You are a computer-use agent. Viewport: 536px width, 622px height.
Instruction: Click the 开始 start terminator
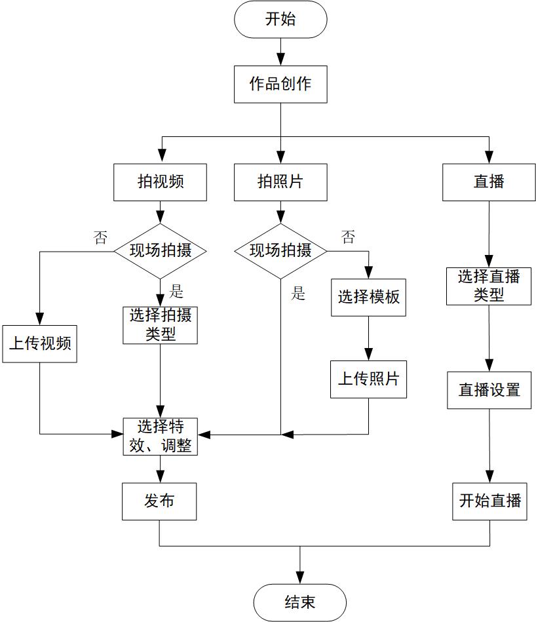click(280, 20)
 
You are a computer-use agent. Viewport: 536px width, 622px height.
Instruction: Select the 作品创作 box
click(280, 84)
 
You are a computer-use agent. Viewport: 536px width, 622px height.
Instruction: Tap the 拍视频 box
click(161, 182)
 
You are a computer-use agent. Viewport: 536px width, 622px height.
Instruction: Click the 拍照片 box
click(280, 182)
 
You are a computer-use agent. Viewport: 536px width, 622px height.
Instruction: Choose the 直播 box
click(489, 182)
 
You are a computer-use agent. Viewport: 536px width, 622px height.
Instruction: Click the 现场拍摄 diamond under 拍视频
click(161, 250)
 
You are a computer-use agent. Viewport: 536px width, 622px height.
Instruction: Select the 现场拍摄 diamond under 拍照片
click(280, 250)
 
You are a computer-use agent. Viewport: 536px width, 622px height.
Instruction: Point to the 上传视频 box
click(39, 343)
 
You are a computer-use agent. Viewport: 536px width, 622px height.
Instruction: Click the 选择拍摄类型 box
click(161, 325)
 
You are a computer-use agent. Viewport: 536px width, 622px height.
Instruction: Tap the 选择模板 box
click(368, 297)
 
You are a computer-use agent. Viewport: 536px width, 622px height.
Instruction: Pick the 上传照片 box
click(368, 379)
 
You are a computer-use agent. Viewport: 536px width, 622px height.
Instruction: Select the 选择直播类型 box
click(489, 286)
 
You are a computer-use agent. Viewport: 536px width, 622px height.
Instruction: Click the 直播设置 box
click(489, 390)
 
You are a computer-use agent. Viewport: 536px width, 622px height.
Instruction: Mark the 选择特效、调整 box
click(161, 437)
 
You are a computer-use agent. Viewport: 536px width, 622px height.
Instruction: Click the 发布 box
click(159, 501)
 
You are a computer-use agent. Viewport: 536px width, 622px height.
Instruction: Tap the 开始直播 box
click(489, 501)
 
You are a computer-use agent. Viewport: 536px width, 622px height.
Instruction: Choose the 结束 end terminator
click(299, 602)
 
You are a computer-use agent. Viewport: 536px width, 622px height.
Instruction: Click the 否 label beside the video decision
click(100, 237)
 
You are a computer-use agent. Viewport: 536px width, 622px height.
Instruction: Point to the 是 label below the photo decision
click(298, 293)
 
